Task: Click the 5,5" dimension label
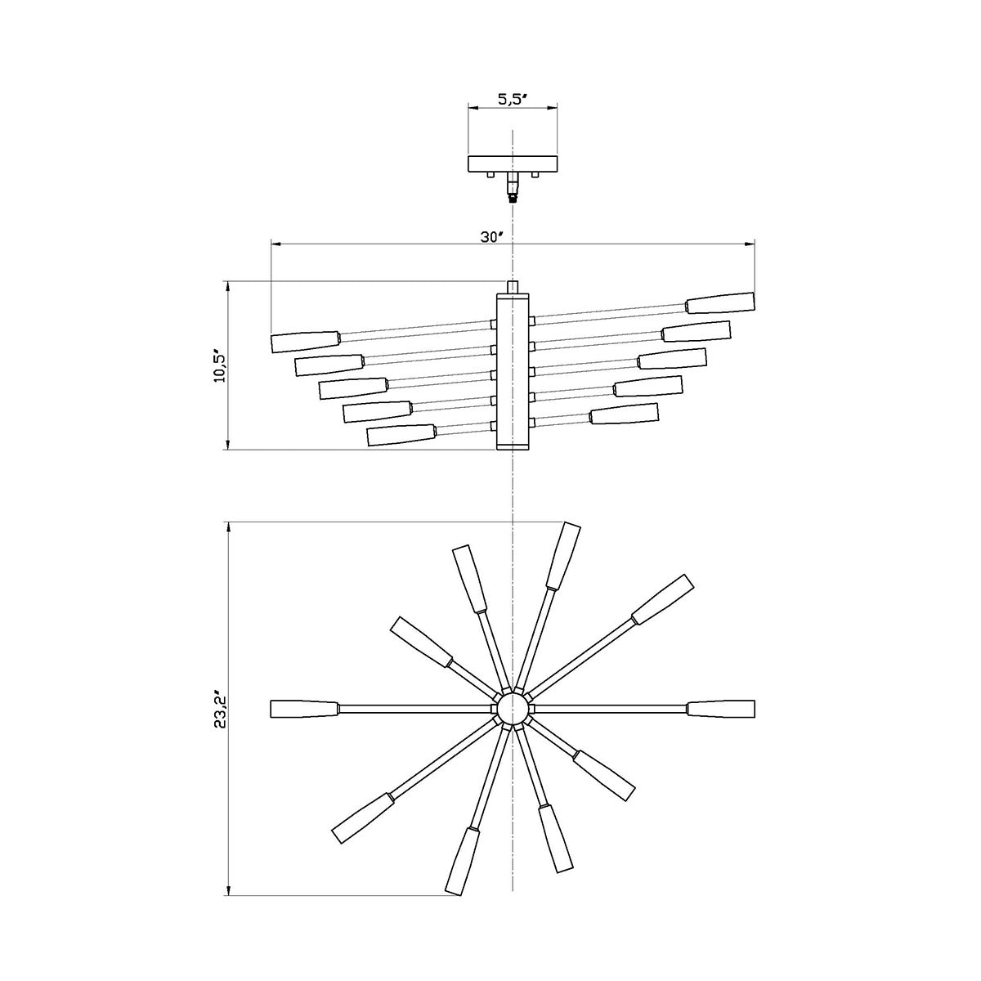tap(512, 99)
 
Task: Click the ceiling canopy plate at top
tap(513, 163)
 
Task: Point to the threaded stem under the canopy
tap(513, 187)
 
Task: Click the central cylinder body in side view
tap(513, 368)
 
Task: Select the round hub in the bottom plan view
tap(513, 708)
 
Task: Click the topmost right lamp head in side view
tap(719, 302)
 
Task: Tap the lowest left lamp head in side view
tap(401, 434)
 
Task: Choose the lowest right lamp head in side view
tap(625, 414)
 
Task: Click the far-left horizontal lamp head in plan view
tap(303, 708)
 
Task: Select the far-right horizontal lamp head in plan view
tap(721, 708)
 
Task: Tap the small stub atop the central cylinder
tap(513, 287)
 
